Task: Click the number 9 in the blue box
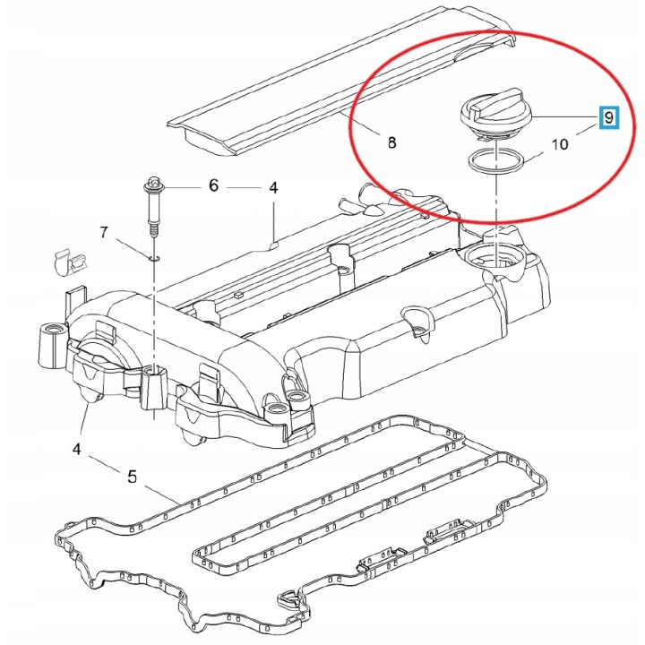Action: (x=609, y=117)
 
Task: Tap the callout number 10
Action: (x=559, y=144)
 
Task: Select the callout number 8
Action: (x=391, y=142)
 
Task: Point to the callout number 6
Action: (x=213, y=185)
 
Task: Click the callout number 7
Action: (x=104, y=232)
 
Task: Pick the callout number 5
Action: (x=132, y=477)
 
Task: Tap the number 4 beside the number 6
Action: (x=273, y=187)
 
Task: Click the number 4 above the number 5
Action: (x=76, y=449)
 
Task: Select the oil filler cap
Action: (x=496, y=115)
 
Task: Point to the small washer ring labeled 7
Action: (x=154, y=258)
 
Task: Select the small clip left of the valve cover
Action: (x=69, y=263)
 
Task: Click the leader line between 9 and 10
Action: (x=587, y=130)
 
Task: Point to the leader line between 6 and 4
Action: (x=244, y=187)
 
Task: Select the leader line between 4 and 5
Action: (x=103, y=463)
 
